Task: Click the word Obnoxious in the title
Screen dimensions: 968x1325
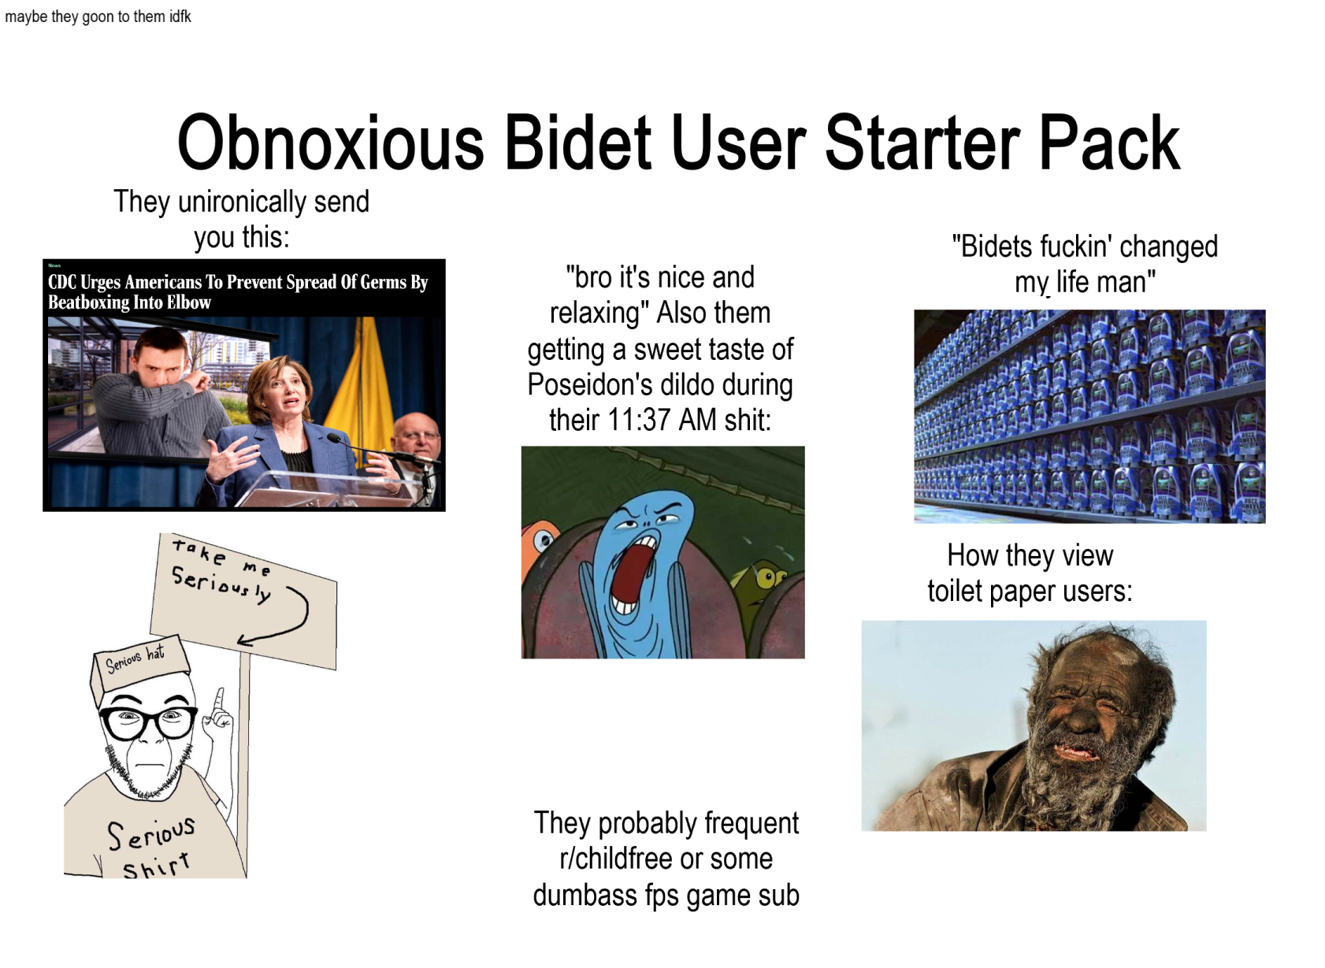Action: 330,143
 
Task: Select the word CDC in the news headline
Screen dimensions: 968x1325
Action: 62,282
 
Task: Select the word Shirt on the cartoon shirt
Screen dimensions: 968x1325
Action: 156,866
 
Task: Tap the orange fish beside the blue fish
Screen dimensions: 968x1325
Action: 539,543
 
